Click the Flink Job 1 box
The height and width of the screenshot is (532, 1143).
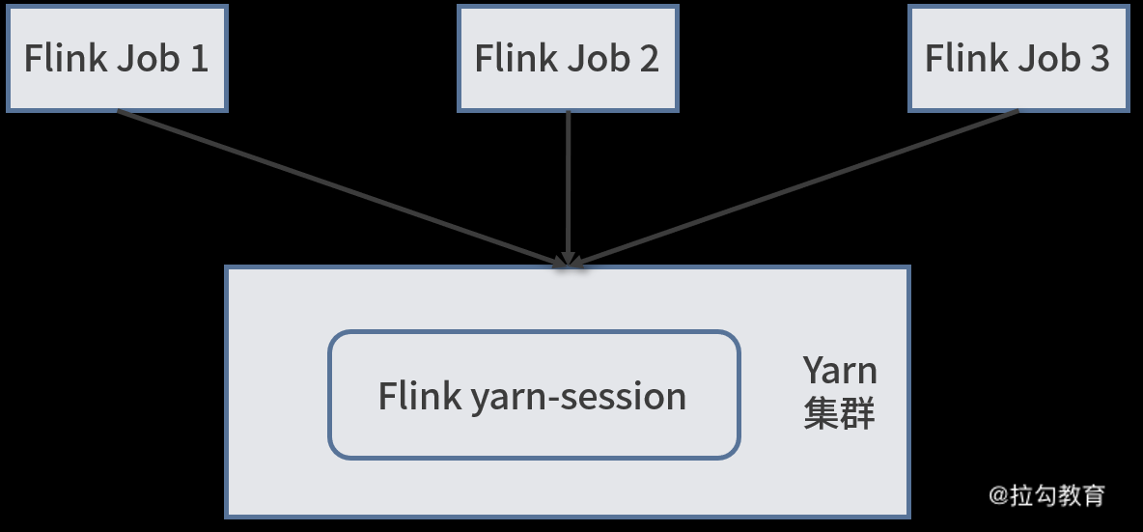pyautogui.click(x=116, y=58)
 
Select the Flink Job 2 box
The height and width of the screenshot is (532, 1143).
pyautogui.click(x=567, y=58)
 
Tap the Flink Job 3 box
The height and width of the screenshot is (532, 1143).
pyautogui.click(x=1018, y=58)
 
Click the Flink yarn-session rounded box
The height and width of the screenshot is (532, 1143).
pyautogui.click(x=534, y=395)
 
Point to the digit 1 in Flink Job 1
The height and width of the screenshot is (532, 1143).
pyautogui.click(x=198, y=58)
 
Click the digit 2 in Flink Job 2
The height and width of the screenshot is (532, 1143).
pyautogui.click(x=649, y=58)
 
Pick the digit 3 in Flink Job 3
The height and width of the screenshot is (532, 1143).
pyautogui.click(x=1100, y=58)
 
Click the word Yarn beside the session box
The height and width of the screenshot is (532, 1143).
pyautogui.click(x=840, y=371)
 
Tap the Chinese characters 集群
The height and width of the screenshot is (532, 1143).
pyautogui.click(x=839, y=414)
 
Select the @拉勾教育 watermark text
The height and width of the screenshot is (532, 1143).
pyautogui.click(x=1046, y=495)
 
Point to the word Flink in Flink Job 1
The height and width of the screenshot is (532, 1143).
pyautogui.click(x=65, y=58)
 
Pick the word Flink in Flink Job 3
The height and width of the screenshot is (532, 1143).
pyautogui.click(x=966, y=58)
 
